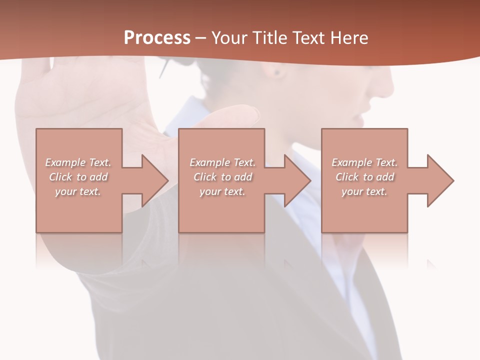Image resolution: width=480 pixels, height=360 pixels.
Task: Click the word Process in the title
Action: point(157,38)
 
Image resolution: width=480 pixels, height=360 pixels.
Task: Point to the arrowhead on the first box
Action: point(154,180)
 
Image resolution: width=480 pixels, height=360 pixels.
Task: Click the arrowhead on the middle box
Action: point(297,180)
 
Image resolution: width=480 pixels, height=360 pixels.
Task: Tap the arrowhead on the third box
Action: point(440,180)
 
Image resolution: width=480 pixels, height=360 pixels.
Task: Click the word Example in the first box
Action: point(65,162)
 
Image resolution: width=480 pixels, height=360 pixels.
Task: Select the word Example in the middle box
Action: point(209,162)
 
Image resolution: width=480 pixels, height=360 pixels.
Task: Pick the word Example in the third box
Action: point(351,162)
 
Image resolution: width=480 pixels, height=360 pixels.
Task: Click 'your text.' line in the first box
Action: point(78,191)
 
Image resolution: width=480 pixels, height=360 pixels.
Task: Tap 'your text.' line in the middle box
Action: point(222,191)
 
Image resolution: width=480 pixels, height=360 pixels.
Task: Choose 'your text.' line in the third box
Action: point(364,191)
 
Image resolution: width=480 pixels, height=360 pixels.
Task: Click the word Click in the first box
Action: point(60,177)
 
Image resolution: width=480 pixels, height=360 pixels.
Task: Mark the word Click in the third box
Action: point(347,177)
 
